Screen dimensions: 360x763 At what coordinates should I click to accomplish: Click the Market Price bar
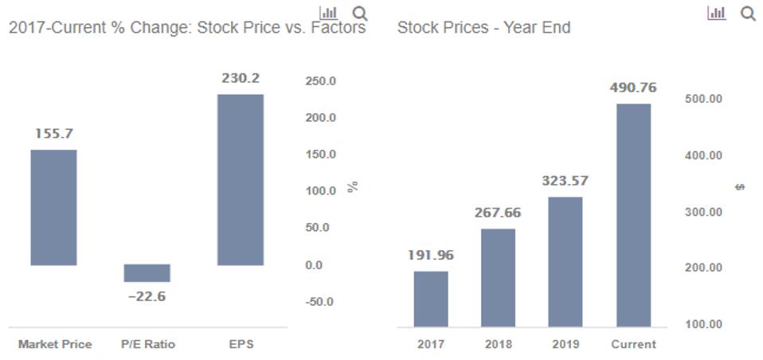pos(53,207)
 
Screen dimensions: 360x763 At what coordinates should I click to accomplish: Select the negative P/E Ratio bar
pos(147,273)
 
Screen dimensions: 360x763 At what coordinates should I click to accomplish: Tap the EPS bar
pos(240,180)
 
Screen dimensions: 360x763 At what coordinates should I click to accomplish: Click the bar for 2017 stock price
pos(431,299)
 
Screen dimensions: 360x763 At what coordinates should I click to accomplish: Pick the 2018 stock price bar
pos(498,277)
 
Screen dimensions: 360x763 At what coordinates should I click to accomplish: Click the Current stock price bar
pos(633,215)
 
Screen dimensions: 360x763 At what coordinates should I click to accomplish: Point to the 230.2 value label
pos(240,78)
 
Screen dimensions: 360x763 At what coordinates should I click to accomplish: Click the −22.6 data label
pos(147,296)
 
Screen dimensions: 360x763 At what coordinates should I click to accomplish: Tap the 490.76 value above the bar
pos(633,88)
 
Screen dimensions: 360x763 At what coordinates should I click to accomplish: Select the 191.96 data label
pos(431,255)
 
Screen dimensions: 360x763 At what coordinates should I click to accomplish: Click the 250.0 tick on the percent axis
pos(320,81)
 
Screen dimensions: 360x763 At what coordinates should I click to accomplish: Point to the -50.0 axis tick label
pos(320,302)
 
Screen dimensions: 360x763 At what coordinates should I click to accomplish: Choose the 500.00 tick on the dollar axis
pos(703,99)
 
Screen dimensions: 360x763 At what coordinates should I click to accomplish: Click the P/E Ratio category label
pos(147,344)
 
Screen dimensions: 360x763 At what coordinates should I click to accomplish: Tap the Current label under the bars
pos(633,344)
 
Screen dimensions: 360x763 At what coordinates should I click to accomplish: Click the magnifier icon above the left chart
pos(360,14)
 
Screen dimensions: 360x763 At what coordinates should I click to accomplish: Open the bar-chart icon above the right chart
pos(716,13)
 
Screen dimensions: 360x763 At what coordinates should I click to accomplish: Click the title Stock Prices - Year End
pos(483,28)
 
